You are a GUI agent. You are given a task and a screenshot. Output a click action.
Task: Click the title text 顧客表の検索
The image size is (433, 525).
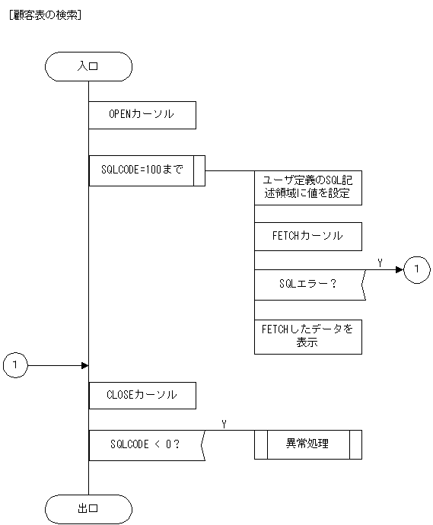43,14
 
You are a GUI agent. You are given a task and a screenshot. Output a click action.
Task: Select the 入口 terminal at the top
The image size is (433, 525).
88,66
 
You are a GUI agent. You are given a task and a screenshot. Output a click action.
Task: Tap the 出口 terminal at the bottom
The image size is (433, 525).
88,508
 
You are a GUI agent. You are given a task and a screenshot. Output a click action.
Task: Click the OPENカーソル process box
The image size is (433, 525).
142,115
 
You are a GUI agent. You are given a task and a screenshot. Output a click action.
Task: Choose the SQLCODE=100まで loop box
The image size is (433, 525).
142,171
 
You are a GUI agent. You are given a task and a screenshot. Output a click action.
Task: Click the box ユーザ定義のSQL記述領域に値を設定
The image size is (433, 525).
307,187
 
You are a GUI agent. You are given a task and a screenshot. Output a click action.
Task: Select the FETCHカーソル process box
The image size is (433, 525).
307,236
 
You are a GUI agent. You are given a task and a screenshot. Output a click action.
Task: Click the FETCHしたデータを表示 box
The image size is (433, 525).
307,336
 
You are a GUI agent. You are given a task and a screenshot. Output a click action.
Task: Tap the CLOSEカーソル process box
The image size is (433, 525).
142,395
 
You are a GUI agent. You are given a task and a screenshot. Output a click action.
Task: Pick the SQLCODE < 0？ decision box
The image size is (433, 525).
145,444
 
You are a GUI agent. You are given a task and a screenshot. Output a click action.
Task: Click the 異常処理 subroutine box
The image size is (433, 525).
307,444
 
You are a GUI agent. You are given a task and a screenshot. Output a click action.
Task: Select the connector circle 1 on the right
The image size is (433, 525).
416,269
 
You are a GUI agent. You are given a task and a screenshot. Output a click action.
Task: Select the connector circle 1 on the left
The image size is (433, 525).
15,366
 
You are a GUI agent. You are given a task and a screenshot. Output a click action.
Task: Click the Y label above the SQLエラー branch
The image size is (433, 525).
380,262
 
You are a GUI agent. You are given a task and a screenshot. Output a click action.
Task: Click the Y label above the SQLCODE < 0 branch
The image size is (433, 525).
223,423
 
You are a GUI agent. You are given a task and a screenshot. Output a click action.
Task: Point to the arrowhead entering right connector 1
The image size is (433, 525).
400,269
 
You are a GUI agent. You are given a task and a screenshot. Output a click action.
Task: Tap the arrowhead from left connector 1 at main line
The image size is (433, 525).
84,366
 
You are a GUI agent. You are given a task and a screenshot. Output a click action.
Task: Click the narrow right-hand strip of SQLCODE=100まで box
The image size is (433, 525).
200,171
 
